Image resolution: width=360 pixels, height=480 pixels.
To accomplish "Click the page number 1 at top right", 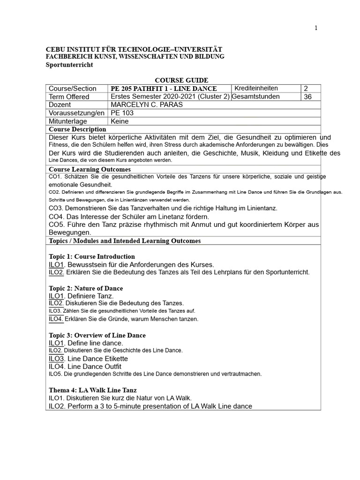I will coord(316,28).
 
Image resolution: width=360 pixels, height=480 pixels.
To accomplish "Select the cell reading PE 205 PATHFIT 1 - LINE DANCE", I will coord(164,89).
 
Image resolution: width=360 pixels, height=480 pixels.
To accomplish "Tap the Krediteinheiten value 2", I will coord(306,89).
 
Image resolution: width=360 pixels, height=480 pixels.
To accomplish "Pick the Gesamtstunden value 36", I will coord(308,97).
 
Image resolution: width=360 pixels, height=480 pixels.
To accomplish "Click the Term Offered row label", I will coord(69,97).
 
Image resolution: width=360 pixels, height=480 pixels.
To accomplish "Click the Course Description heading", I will coord(77,129).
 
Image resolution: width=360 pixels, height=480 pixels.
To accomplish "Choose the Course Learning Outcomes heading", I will coord(90,169).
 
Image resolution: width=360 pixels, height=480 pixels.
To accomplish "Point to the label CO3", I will coord(55,208).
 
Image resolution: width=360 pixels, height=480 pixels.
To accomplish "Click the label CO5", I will coord(55,225).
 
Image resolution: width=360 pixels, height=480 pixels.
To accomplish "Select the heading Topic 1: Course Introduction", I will coord(92,256).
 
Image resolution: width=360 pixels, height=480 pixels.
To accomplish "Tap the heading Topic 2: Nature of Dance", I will coord(86,288).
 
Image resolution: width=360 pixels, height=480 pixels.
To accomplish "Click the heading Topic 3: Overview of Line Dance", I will coord(97,335).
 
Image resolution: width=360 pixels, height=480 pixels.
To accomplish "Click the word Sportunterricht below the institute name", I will coord(69,65).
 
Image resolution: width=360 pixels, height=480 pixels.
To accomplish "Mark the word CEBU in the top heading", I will coord(54,49).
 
